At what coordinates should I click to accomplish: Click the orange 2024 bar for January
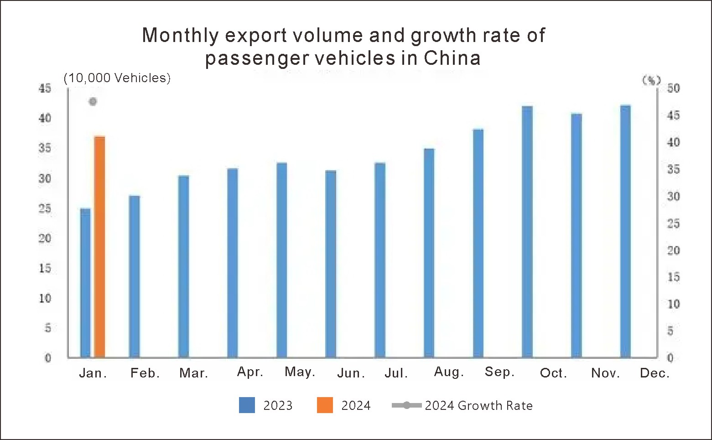(99, 246)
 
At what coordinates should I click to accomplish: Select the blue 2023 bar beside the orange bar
(85, 283)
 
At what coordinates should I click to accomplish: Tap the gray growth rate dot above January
(93, 101)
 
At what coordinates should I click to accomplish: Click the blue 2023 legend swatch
(247, 405)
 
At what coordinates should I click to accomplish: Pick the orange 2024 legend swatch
(325, 405)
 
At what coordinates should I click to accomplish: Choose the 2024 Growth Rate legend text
(478, 405)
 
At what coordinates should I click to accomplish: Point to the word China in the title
(452, 58)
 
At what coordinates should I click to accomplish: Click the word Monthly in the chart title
(181, 35)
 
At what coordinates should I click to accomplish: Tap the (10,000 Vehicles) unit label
(117, 78)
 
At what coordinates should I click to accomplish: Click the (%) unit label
(651, 80)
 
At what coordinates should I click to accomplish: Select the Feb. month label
(145, 373)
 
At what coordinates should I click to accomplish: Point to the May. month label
(300, 372)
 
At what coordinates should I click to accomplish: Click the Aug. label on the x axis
(449, 372)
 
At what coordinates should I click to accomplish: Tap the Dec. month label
(655, 373)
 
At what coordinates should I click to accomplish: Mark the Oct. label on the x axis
(553, 373)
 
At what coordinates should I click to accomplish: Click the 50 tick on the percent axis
(673, 88)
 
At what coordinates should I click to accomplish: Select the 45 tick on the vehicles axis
(45, 88)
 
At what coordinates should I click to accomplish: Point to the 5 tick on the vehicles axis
(47, 328)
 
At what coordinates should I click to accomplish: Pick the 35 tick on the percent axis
(673, 169)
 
